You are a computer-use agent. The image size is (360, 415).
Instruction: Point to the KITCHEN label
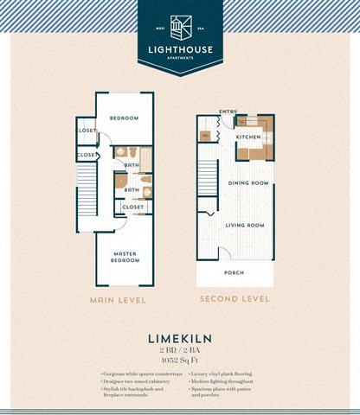point(248,137)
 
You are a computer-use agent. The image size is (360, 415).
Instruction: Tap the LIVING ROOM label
point(245,225)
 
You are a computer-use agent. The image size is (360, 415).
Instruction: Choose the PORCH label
point(235,271)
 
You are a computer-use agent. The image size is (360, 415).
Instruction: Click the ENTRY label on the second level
point(228,111)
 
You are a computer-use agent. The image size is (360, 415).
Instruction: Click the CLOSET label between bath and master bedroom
point(132,207)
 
